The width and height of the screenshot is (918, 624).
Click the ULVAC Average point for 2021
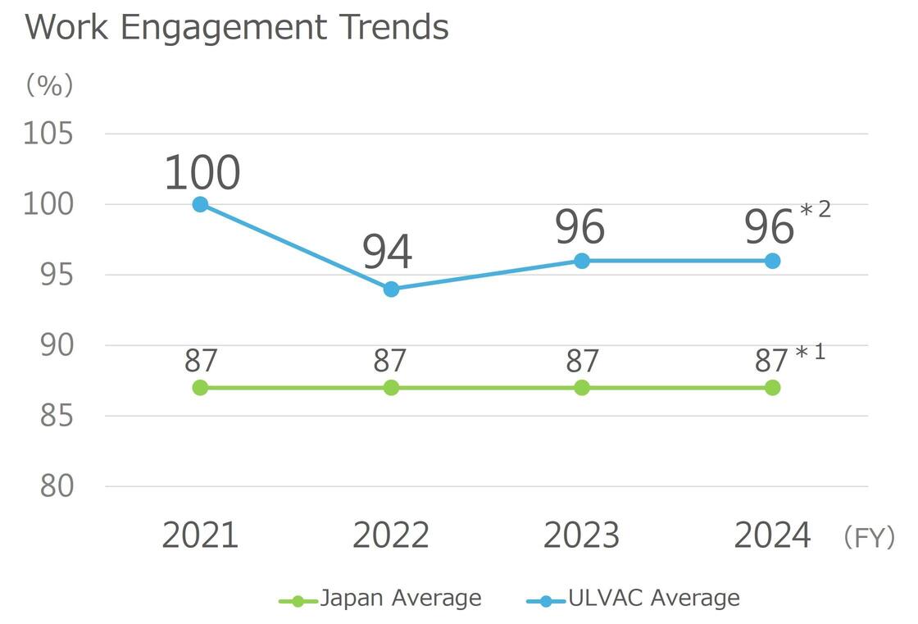(200, 204)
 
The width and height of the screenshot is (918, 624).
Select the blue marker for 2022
(391, 289)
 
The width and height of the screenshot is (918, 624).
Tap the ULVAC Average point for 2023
(582, 261)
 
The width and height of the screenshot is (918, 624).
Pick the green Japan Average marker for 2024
(772, 387)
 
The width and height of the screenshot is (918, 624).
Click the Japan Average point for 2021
(200, 387)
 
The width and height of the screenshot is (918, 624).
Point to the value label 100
(202, 173)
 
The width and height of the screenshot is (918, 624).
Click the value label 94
(388, 252)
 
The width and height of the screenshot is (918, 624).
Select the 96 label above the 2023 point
(579, 227)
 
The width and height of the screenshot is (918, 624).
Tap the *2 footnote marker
(815, 210)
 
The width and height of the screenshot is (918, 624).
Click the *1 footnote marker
(810, 353)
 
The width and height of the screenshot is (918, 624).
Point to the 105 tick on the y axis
(48, 134)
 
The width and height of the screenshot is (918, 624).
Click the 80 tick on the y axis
(57, 486)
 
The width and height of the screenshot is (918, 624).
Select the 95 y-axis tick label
(57, 275)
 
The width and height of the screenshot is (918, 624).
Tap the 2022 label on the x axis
(391, 535)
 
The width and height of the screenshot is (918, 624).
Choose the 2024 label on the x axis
(772, 535)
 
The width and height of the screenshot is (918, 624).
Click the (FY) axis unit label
(868, 538)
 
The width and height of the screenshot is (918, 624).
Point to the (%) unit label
(49, 84)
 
